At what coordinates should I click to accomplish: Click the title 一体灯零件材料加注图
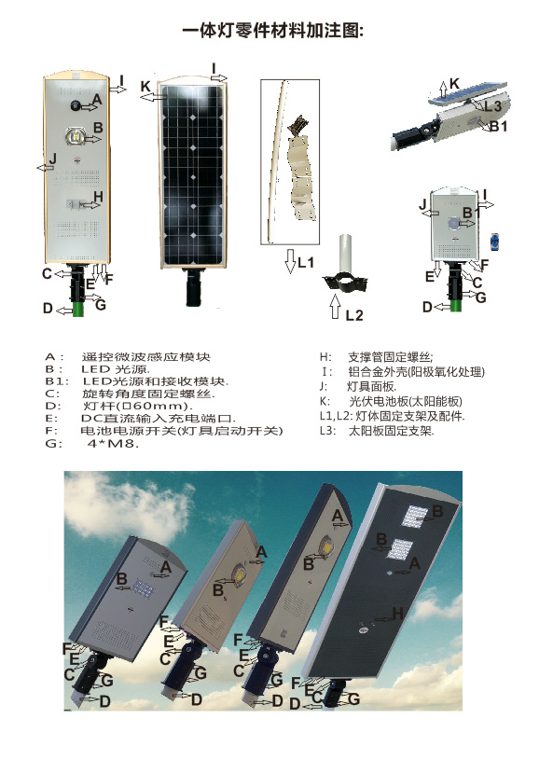[273, 32]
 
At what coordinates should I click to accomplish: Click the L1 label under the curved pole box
[306, 263]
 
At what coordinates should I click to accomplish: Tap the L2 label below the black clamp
[354, 315]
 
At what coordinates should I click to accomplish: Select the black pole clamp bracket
[345, 283]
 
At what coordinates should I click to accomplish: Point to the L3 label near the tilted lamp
[492, 105]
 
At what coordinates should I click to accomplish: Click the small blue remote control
[494, 242]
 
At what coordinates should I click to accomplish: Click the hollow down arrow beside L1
[290, 261]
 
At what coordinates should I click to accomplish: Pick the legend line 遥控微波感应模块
[145, 357]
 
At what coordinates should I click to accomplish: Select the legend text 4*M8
[113, 443]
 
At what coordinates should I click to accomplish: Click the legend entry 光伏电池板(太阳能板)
[406, 401]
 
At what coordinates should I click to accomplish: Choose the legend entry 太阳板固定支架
[391, 431]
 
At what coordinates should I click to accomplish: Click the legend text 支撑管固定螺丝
[390, 357]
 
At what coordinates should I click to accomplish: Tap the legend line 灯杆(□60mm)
[138, 406]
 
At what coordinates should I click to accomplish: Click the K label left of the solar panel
[145, 87]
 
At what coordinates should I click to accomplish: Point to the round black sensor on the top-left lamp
[76, 105]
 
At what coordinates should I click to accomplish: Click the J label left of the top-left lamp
[53, 159]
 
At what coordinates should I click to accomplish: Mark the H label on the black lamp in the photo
[397, 614]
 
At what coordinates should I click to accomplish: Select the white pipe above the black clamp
[345, 255]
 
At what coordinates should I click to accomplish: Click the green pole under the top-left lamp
[78, 309]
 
